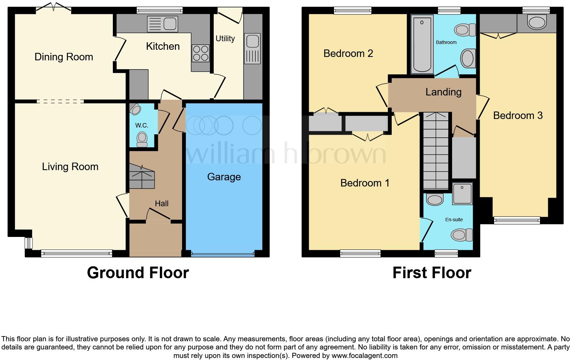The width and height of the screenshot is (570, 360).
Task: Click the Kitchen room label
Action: [163, 46]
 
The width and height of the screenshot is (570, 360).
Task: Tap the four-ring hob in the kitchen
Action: [200, 54]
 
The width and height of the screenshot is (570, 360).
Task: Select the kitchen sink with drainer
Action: [163, 24]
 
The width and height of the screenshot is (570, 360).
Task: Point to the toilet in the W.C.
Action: [142, 139]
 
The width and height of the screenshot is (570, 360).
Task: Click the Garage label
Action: [224, 177]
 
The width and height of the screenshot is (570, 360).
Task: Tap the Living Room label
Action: [70, 167]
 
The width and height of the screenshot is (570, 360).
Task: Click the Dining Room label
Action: [64, 57]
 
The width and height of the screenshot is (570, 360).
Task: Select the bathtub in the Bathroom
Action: [422, 44]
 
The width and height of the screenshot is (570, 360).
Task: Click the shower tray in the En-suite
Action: [462, 194]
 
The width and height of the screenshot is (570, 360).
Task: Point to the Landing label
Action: [443, 92]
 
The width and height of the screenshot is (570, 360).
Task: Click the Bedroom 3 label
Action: [518, 116]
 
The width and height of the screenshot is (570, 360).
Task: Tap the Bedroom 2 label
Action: [348, 54]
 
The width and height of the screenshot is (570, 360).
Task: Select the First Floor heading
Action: [432, 273]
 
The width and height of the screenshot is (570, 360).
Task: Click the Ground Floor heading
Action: [138, 273]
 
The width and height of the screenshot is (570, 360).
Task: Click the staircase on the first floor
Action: [436, 150]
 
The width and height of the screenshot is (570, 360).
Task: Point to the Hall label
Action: [162, 204]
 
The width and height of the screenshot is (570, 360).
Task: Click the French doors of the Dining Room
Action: [54, 7]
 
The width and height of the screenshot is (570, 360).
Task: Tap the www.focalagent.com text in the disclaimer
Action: [364, 356]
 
